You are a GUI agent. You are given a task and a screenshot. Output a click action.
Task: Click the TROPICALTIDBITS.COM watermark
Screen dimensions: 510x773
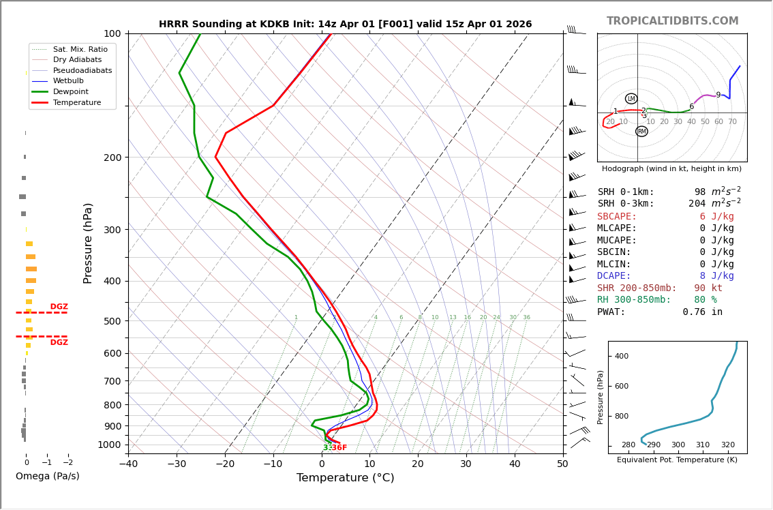(x=672, y=21)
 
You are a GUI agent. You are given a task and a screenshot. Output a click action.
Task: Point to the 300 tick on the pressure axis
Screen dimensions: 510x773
(x=112, y=230)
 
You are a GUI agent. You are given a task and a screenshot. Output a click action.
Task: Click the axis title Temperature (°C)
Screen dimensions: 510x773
(x=345, y=478)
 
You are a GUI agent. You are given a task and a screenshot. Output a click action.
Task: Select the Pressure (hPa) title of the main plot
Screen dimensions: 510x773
(x=88, y=243)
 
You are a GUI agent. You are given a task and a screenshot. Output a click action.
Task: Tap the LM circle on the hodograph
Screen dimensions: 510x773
(x=631, y=99)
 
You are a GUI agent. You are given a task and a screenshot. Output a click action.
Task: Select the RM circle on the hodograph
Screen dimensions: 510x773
(x=641, y=132)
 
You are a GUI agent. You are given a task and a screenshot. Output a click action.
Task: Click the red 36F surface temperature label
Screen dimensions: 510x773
(x=339, y=448)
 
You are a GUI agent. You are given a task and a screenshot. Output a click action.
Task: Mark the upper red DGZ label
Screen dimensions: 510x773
(x=59, y=307)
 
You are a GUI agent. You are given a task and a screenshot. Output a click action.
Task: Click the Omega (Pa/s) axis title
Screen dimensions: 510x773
(x=47, y=477)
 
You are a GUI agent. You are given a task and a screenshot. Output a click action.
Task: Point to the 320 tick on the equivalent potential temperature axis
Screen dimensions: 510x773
(x=727, y=445)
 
